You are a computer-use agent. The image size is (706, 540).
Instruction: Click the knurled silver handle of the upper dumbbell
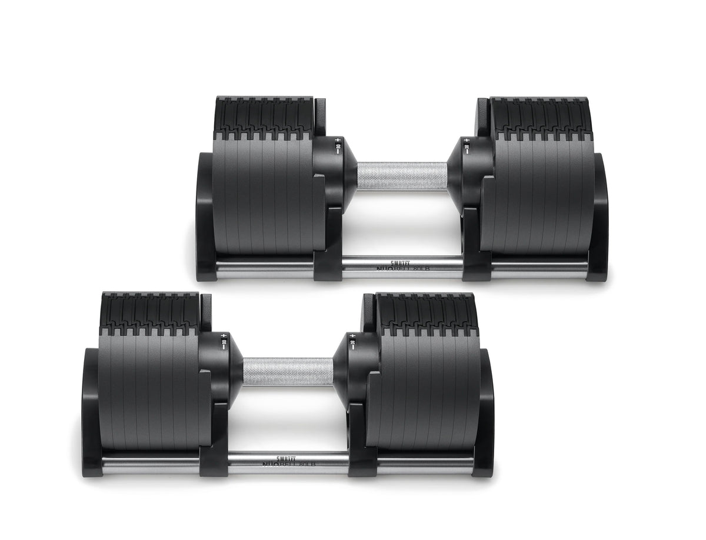(x=402, y=176)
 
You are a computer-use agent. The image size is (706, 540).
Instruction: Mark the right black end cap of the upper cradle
(x=597, y=218)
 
